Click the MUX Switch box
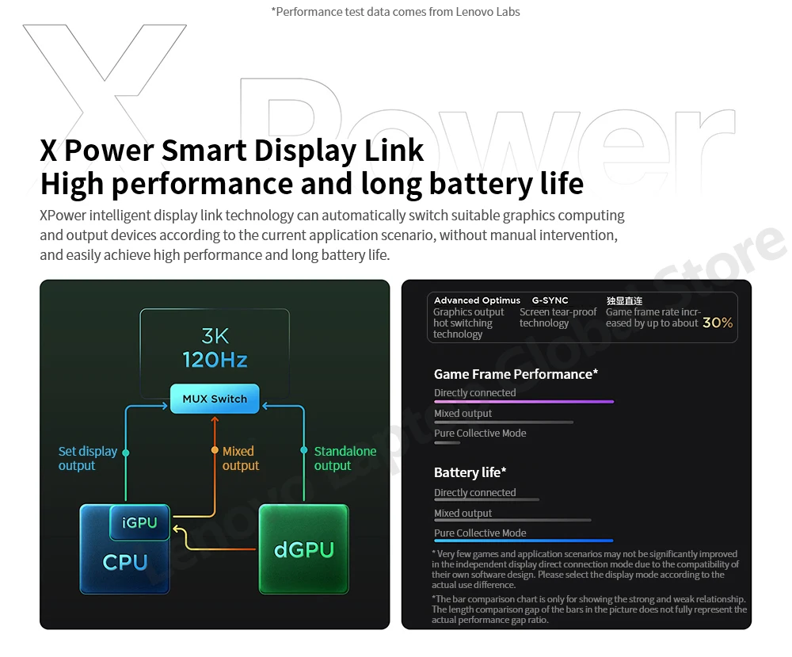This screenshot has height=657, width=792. pos(215,399)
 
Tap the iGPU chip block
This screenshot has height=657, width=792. pos(140,523)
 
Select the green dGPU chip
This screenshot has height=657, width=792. pos(304,549)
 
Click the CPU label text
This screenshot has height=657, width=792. pos(125,562)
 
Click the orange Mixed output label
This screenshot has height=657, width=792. pos(239,458)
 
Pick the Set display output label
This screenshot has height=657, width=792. pos(88,458)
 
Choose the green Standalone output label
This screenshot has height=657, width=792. pos(345,458)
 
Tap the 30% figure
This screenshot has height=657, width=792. pos(718,323)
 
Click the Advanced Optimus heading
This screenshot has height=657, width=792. pos(477,300)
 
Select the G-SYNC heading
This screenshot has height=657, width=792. pos(550,300)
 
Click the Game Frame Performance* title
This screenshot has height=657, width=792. pos(516,374)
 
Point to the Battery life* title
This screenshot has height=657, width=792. pos(470,472)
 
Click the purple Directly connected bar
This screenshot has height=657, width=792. pos(524,402)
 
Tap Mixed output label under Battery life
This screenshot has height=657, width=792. pos(463,514)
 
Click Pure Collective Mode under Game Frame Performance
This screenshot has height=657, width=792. pos(480,434)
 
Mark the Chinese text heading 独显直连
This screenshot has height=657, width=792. pos(624,300)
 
